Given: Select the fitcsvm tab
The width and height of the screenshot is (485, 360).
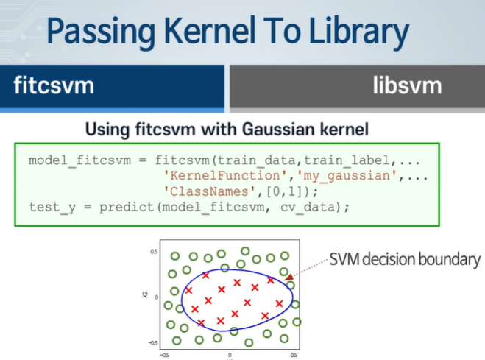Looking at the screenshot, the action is pyautogui.click(x=54, y=85).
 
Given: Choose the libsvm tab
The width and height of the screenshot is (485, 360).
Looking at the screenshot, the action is pyautogui.click(x=406, y=85).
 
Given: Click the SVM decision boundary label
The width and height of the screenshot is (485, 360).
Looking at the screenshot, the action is pyautogui.click(x=404, y=259).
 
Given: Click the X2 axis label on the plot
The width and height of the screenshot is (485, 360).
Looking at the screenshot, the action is pyautogui.click(x=146, y=295).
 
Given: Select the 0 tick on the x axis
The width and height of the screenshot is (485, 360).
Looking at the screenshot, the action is pyautogui.click(x=229, y=354).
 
